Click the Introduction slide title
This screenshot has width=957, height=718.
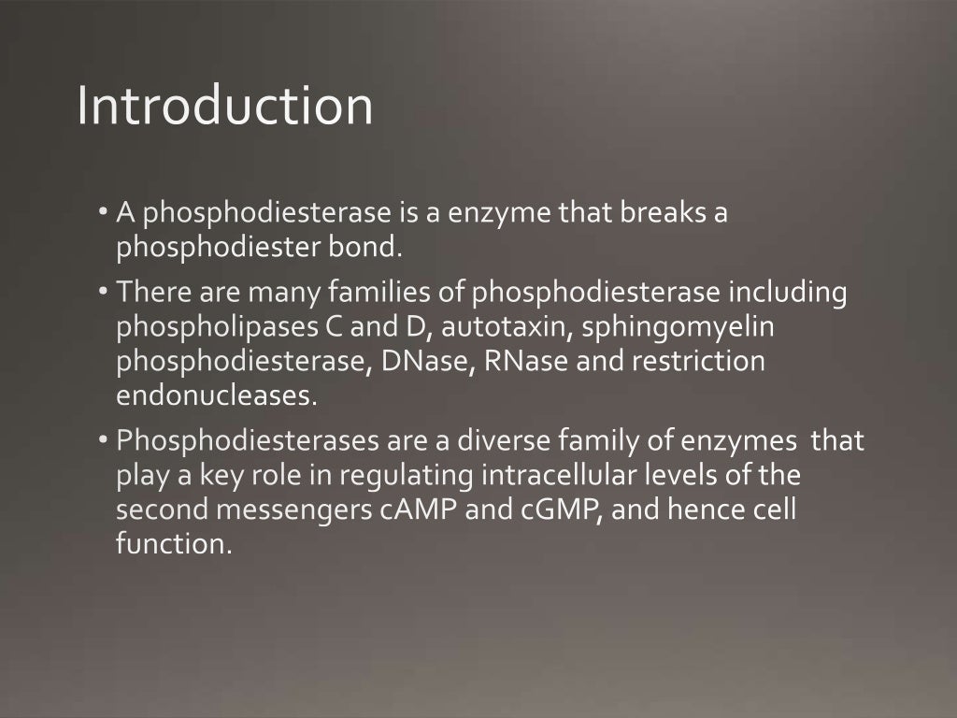224,106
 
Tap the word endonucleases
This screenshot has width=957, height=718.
216,395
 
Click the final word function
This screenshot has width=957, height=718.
173,544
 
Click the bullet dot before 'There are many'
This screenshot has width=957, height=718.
103,293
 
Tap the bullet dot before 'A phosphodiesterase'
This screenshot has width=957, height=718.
103,213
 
